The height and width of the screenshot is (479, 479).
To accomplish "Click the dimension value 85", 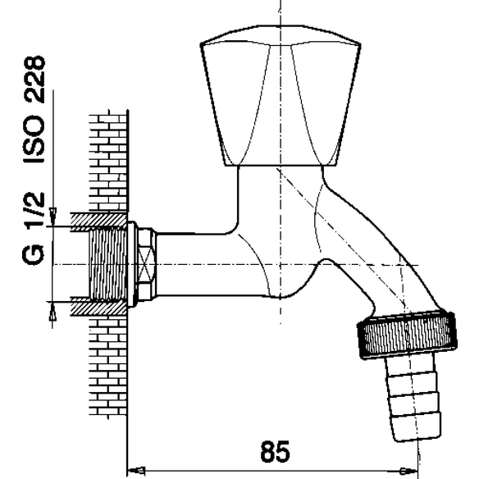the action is (x=275, y=451).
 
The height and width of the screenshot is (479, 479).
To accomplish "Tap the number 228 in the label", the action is (x=34, y=79).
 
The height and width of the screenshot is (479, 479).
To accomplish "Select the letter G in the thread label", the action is (x=33, y=255).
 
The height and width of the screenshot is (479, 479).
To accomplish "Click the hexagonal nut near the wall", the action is (x=147, y=264).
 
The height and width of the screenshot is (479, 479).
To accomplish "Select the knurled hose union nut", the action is (x=407, y=334).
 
